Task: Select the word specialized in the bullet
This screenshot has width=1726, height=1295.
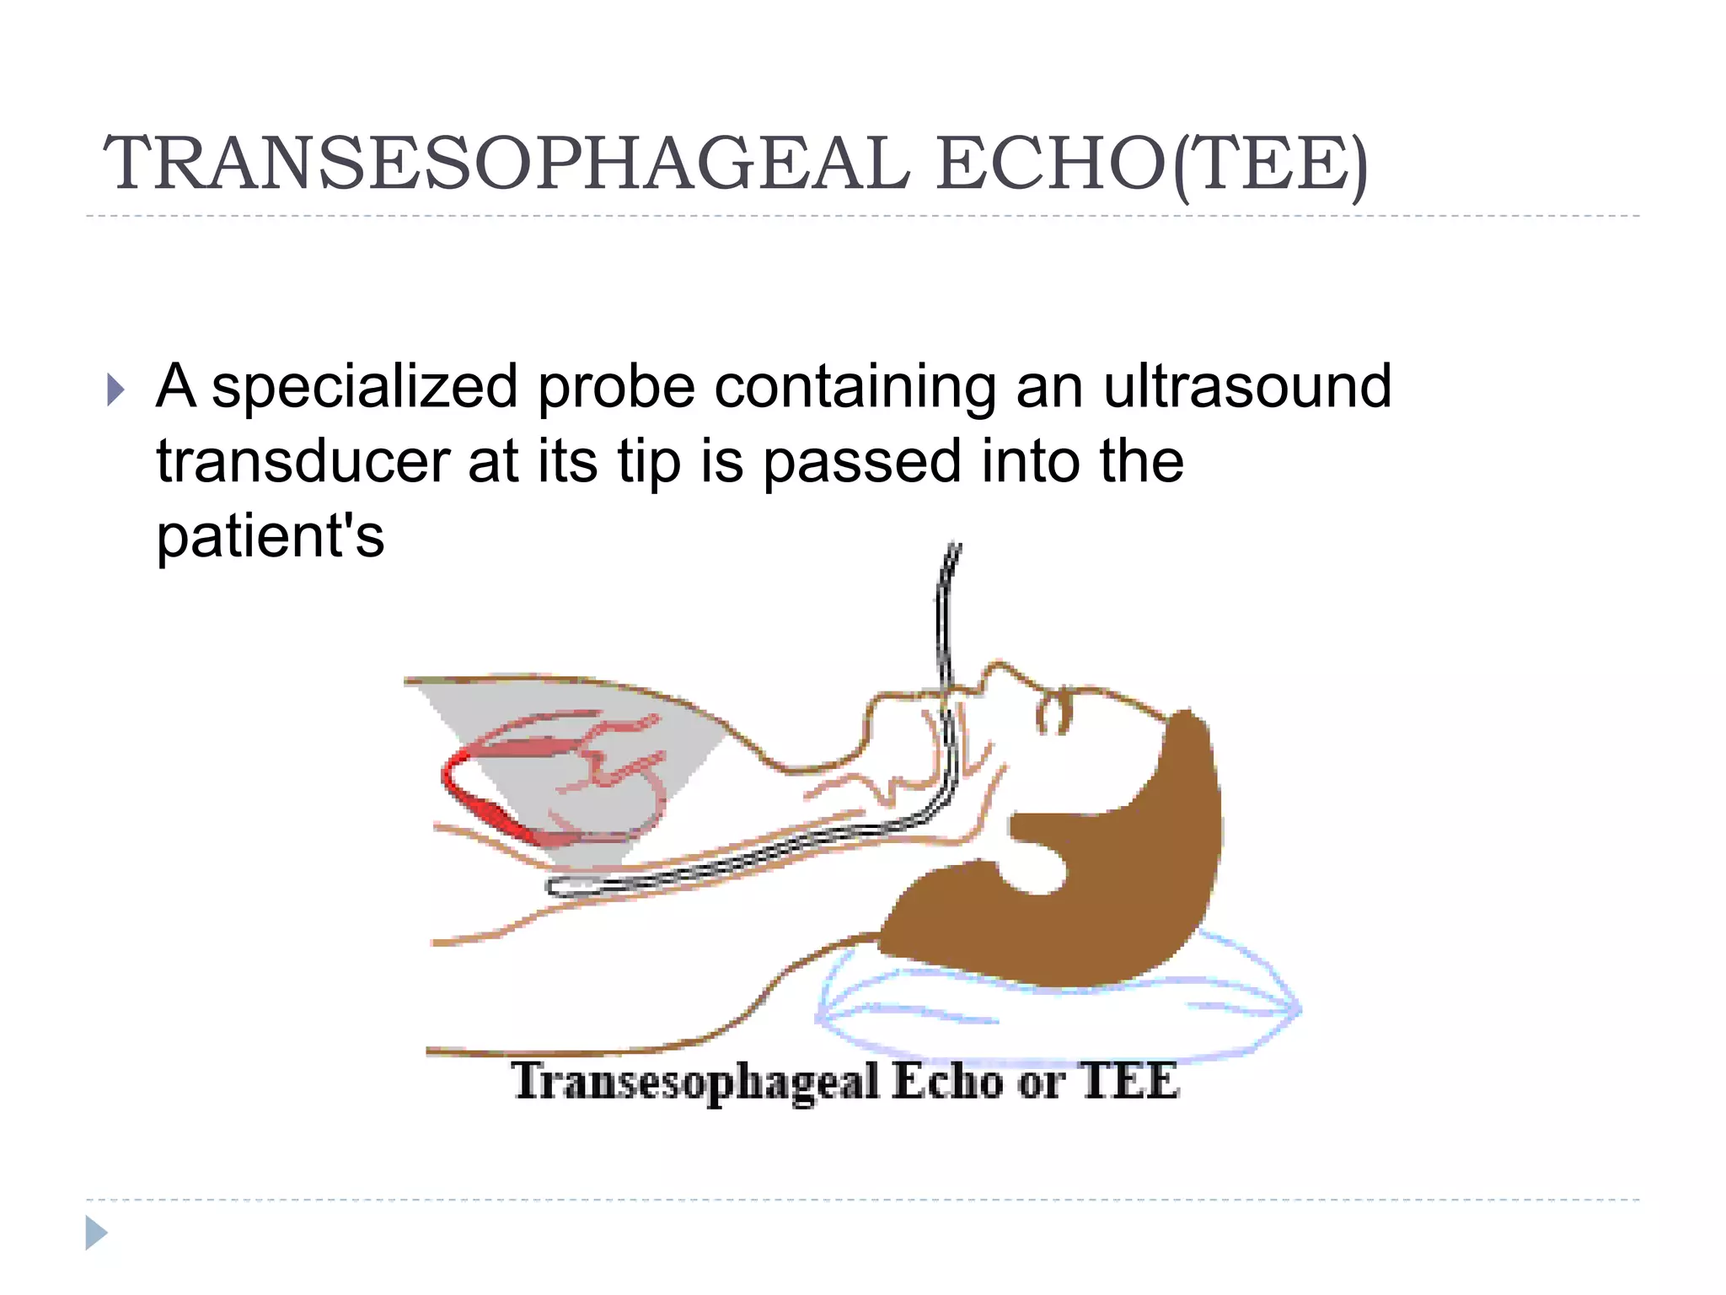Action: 364,387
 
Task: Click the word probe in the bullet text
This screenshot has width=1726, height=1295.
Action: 616,387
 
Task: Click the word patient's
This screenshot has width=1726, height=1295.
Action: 270,536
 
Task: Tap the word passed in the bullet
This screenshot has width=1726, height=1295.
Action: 861,463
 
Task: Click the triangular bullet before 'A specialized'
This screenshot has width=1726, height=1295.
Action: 115,390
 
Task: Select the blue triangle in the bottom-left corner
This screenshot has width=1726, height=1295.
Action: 96,1233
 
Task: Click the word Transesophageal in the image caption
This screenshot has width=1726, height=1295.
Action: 695,1082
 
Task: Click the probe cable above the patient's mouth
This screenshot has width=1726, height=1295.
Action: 947,607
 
